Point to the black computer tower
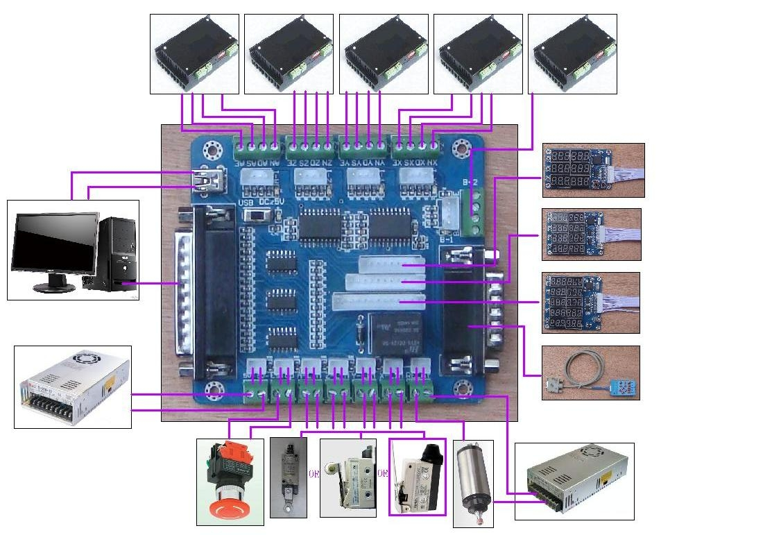click(x=115, y=253)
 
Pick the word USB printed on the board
click(x=247, y=202)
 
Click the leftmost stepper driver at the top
click(x=194, y=54)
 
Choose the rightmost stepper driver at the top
click(x=572, y=54)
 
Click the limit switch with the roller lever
click(x=348, y=479)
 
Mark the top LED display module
click(x=593, y=170)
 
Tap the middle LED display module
click(x=591, y=235)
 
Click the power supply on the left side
click(x=73, y=387)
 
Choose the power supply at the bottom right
click(x=575, y=481)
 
